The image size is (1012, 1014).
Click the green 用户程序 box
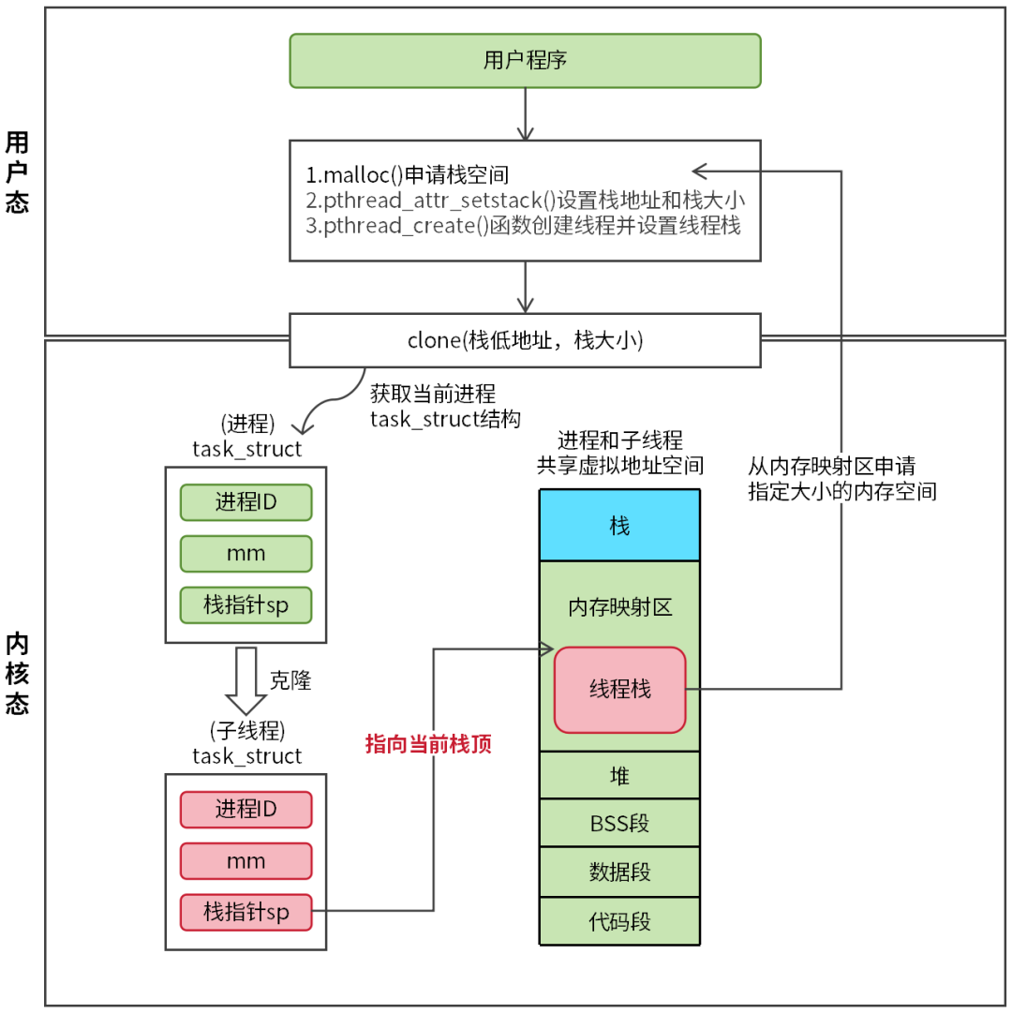[525, 61]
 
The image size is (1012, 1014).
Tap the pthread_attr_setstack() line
[525, 201]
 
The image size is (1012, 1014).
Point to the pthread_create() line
[523, 226]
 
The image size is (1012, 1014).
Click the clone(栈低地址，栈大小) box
[525, 340]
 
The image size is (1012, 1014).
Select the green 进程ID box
[246, 501]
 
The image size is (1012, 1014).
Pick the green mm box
[246, 553]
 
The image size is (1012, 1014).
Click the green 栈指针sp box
[246, 604]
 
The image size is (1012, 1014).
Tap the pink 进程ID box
[246, 809]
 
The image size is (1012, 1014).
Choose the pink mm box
[246, 860]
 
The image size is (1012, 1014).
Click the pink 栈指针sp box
[246, 911]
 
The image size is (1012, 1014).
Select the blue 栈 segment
[619, 526]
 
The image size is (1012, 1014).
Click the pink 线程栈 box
[619, 690]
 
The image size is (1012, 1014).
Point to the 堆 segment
[619, 775]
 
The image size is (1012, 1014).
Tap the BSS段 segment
[619, 824]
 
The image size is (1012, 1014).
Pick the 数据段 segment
[619, 872]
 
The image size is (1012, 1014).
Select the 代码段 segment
[619, 921]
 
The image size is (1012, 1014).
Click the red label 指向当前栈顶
[428, 745]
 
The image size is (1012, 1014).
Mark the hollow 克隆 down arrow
[246, 680]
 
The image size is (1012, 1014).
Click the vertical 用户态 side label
[17, 172]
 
